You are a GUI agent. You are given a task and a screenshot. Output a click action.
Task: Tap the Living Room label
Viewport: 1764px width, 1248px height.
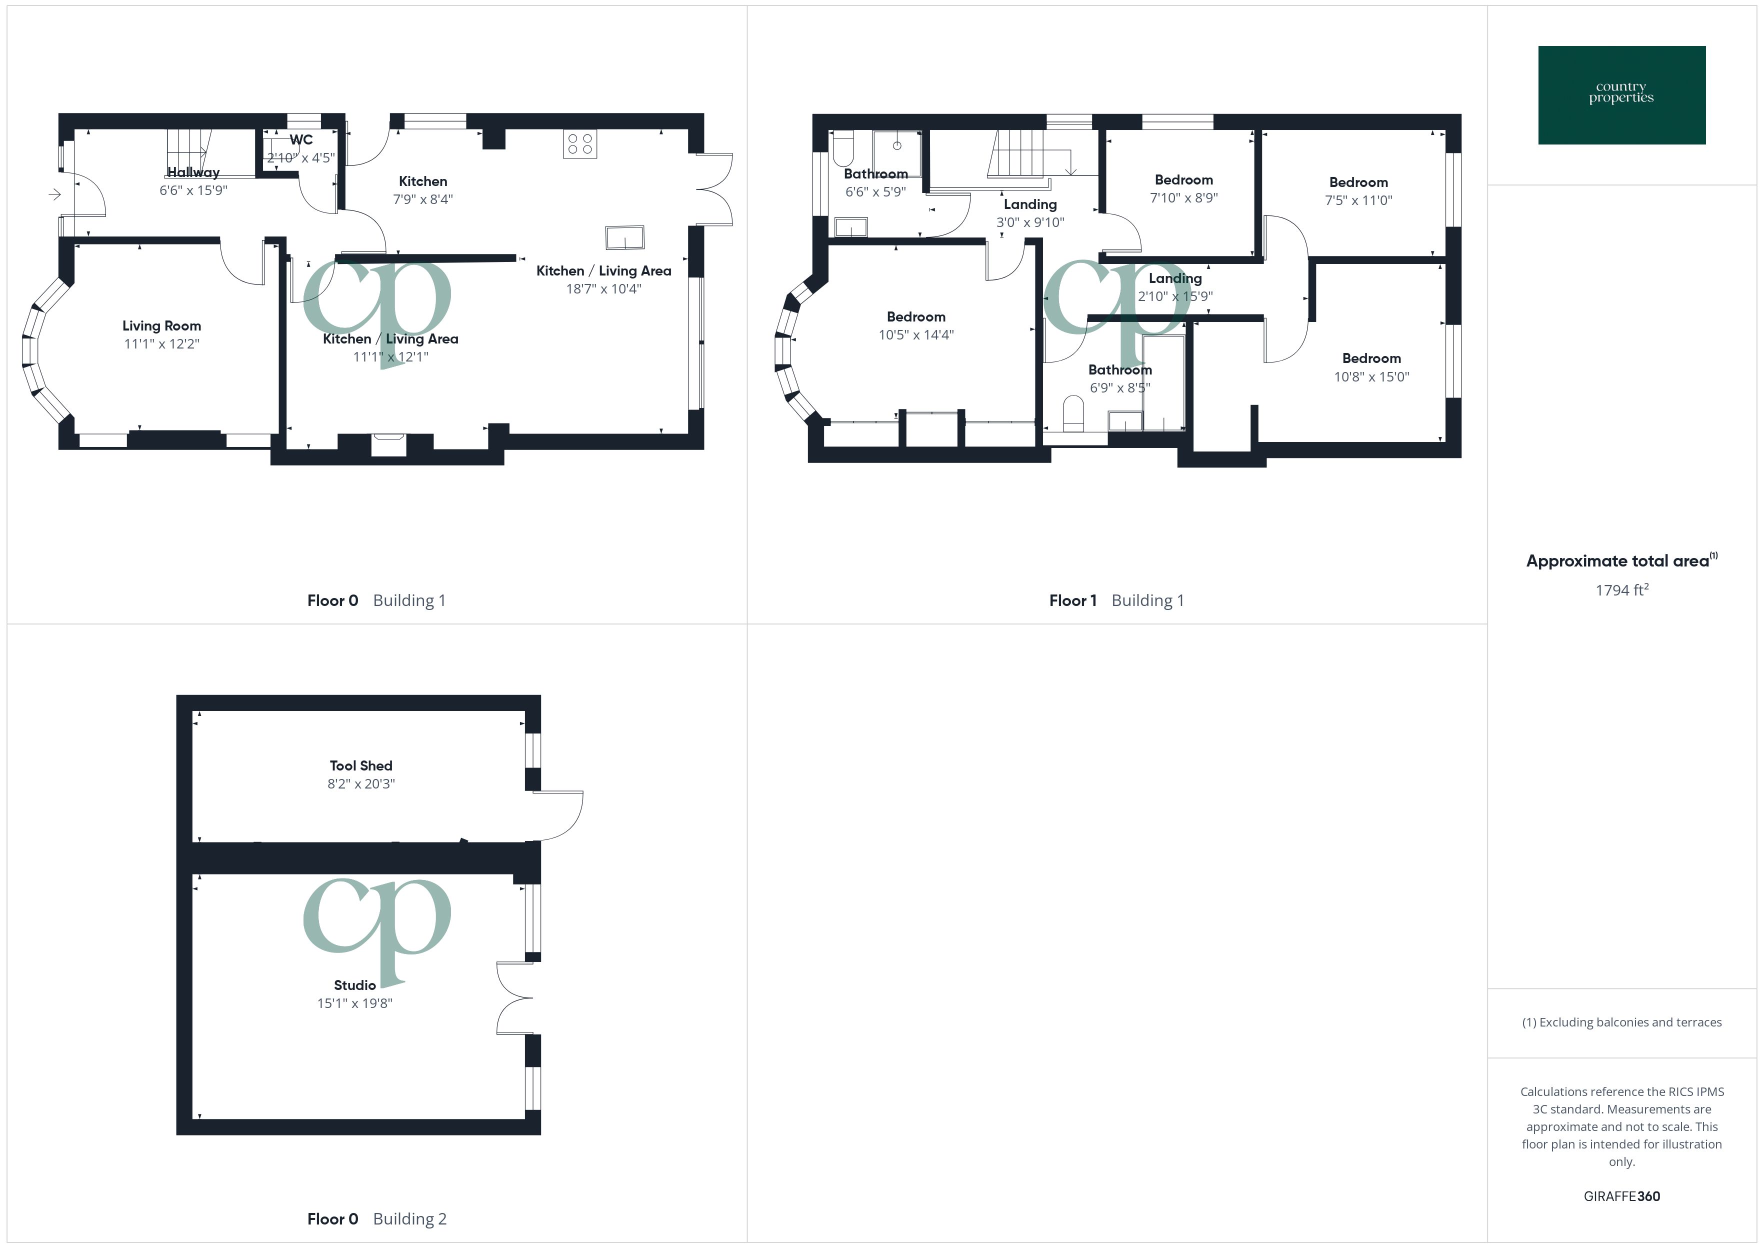click(161, 326)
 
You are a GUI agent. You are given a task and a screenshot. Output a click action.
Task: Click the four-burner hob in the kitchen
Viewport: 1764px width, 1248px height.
click(579, 143)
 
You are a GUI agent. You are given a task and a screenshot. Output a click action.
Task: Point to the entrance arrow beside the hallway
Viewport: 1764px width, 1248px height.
click(54, 194)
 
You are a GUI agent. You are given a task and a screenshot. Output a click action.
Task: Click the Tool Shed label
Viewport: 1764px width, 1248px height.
click(360, 765)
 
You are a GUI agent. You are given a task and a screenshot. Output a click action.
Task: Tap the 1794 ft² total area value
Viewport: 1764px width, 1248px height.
click(1621, 590)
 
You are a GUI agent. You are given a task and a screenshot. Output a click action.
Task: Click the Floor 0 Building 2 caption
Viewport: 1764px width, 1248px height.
click(376, 1219)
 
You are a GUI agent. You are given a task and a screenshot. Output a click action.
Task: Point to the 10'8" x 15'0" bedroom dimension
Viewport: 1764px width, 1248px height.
click(1371, 376)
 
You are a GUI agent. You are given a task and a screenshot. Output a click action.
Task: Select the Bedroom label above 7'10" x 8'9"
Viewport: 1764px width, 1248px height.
click(1183, 180)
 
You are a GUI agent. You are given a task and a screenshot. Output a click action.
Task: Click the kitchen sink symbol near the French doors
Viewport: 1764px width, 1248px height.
click(624, 237)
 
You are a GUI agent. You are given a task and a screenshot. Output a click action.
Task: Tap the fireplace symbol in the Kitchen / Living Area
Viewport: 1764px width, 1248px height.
click(388, 444)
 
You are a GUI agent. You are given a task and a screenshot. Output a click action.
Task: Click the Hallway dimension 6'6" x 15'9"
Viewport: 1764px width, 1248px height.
click(193, 190)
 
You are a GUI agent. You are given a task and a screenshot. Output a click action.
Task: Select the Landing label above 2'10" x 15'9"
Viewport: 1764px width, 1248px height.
click(1174, 278)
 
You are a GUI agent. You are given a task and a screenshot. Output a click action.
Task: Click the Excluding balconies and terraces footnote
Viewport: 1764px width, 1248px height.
click(1621, 1022)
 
